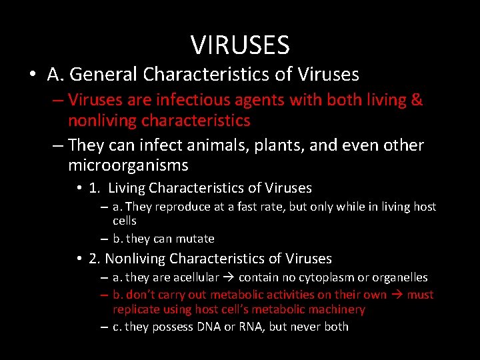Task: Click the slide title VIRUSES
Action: pyautogui.click(x=240, y=45)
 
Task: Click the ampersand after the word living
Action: pyautogui.click(x=417, y=100)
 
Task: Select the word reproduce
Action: pyautogui.click(x=179, y=207)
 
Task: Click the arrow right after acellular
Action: pyautogui.click(x=231, y=277)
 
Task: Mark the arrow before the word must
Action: pyautogui.click(x=398, y=295)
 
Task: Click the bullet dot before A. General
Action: pyautogui.click(x=33, y=74)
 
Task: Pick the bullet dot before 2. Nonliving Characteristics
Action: pyautogui.click(x=79, y=258)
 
